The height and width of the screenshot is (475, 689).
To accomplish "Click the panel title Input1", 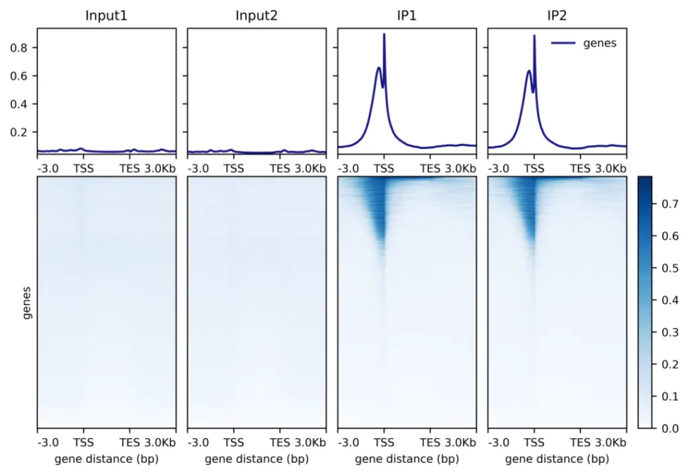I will coord(106,15).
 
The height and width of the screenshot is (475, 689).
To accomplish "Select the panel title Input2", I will coord(256,15).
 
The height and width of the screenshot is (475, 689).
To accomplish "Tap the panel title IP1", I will coord(406,15).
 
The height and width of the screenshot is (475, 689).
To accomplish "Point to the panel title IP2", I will coord(557,15).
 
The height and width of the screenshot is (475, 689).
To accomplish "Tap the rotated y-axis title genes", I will coord(27,302).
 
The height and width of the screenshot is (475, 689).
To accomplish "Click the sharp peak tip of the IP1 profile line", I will coord(384,34).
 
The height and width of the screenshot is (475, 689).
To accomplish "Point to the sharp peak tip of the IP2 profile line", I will coord(534,36).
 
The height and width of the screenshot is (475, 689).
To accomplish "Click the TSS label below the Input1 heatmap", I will coord(83,443).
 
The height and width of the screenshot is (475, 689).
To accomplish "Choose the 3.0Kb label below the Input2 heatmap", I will coord(310,443).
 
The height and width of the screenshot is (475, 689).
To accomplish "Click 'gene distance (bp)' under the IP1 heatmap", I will coord(406,460).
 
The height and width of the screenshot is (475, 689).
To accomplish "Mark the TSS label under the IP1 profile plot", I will coord(384,169).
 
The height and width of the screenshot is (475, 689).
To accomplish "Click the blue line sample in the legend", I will coord(563,44).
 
